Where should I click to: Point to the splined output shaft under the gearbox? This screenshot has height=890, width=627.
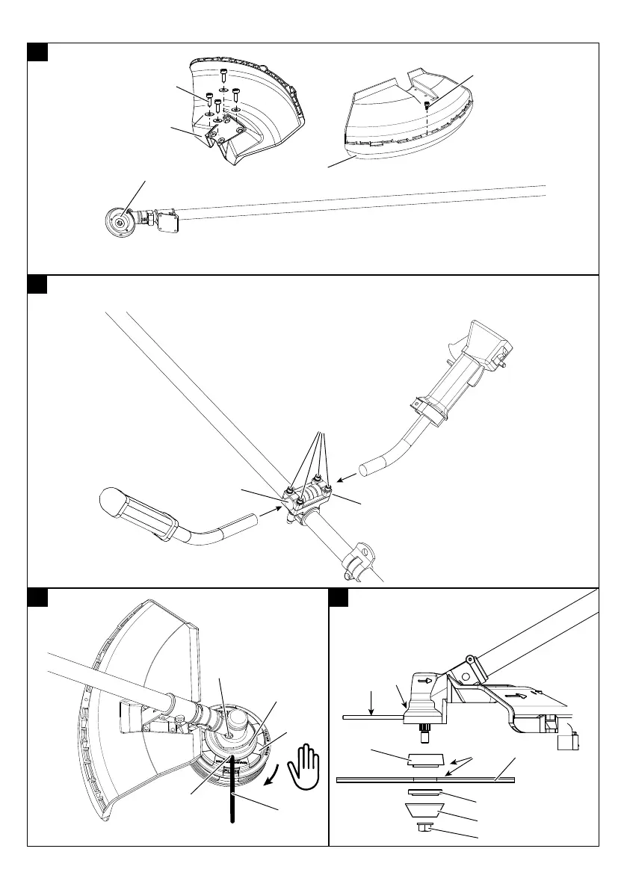click(424, 735)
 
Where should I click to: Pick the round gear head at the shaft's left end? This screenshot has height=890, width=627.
click(117, 222)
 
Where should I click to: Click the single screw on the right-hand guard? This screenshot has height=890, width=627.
click(427, 105)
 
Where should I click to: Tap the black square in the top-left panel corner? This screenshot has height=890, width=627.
click(37, 52)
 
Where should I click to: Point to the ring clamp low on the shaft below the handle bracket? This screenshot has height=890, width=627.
click(357, 557)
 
